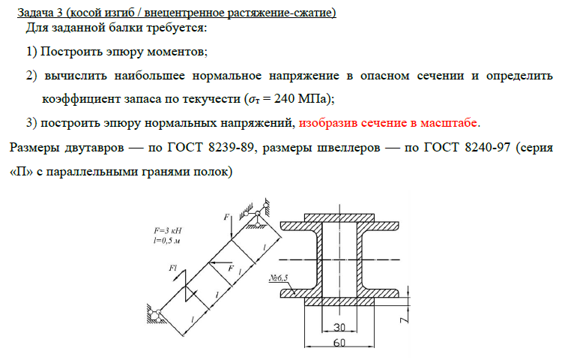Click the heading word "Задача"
pos(37,13)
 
